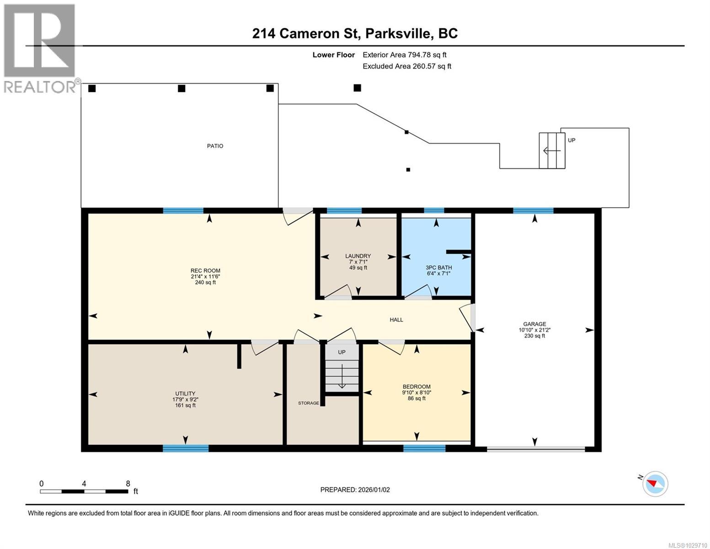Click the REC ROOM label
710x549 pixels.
[205, 270]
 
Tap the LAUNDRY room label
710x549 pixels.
[358, 256]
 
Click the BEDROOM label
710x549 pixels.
[416, 387]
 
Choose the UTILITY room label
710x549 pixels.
[185, 393]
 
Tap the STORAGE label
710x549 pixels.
[309, 403]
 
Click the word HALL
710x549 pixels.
[396, 320]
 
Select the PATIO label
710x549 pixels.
[215, 146]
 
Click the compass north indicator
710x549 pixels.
[655, 484]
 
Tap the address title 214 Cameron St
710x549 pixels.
[355, 33]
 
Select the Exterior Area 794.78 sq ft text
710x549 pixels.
[404, 55]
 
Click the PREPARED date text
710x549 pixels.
[355, 490]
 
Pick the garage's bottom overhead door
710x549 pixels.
[535, 450]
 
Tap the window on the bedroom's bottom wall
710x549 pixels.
[424, 448]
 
